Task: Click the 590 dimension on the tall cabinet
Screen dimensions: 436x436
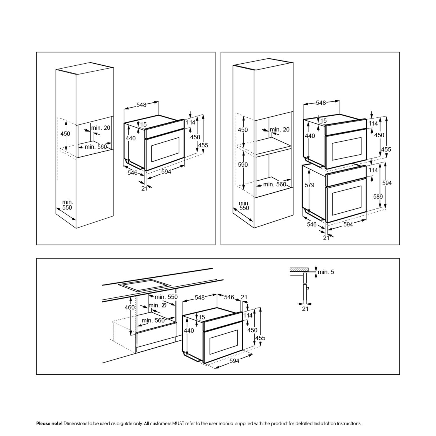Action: [243, 165]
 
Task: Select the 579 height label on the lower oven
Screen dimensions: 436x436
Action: [310, 185]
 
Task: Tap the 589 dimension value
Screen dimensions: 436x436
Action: [378, 196]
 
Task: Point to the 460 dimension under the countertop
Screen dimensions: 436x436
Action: [130, 307]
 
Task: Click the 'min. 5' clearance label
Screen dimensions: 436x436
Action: [326, 272]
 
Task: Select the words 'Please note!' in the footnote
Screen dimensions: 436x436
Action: [49, 424]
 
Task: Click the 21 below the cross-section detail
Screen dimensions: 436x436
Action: [305, 309]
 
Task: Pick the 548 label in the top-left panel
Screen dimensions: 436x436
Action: [141, 105]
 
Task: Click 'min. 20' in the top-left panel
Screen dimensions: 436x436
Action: [101, 128]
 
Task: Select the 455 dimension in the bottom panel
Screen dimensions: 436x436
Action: [260, 338]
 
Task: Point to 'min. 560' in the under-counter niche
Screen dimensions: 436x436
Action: [153, 320]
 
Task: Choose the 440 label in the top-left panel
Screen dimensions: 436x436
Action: [131, 138]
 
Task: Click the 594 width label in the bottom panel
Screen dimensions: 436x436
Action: [234, 361]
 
